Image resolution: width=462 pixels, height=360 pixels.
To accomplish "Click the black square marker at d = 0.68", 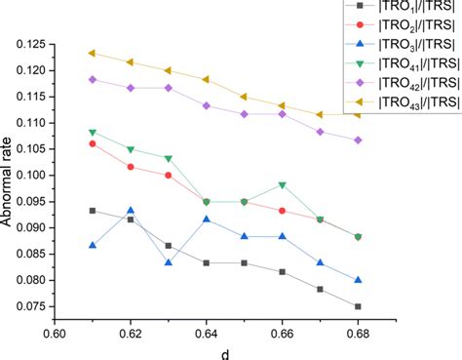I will point(359,306).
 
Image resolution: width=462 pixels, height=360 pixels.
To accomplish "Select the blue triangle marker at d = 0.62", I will point(131,211).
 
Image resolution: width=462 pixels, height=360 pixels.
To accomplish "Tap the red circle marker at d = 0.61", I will point(93,143).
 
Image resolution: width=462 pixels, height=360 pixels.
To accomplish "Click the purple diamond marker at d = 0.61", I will point(93,79).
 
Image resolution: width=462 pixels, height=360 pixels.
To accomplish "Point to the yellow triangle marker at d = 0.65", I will point(245,97).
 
